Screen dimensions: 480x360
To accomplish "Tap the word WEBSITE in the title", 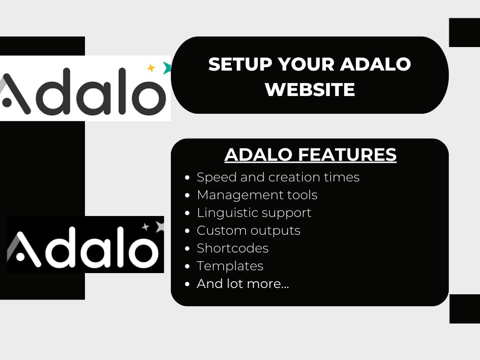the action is coord(310,89).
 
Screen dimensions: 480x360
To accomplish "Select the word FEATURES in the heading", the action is coord(348,154).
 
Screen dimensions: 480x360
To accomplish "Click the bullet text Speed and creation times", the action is coord(278,177).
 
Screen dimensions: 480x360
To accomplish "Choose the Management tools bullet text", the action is coord(257,195).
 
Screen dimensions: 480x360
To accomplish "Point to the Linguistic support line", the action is coord(254,213).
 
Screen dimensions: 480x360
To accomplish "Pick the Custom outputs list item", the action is coord(249,230).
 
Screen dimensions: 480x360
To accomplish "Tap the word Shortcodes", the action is coord(233,248).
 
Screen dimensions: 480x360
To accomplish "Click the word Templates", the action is coord(230,266).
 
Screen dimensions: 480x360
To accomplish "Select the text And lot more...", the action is coord(243,284).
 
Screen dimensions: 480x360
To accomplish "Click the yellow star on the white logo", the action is coord(151,68).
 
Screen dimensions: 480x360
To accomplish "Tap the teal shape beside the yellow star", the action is coord(167,68).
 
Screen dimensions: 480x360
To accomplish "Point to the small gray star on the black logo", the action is coord(145,227).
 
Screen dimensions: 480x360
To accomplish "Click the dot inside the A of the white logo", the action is coord(7,102).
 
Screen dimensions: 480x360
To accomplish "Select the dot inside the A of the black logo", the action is coord(20,256).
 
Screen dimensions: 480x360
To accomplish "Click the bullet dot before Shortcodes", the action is coord(187,248).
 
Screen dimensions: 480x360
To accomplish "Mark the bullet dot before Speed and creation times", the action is coord(187,177).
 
